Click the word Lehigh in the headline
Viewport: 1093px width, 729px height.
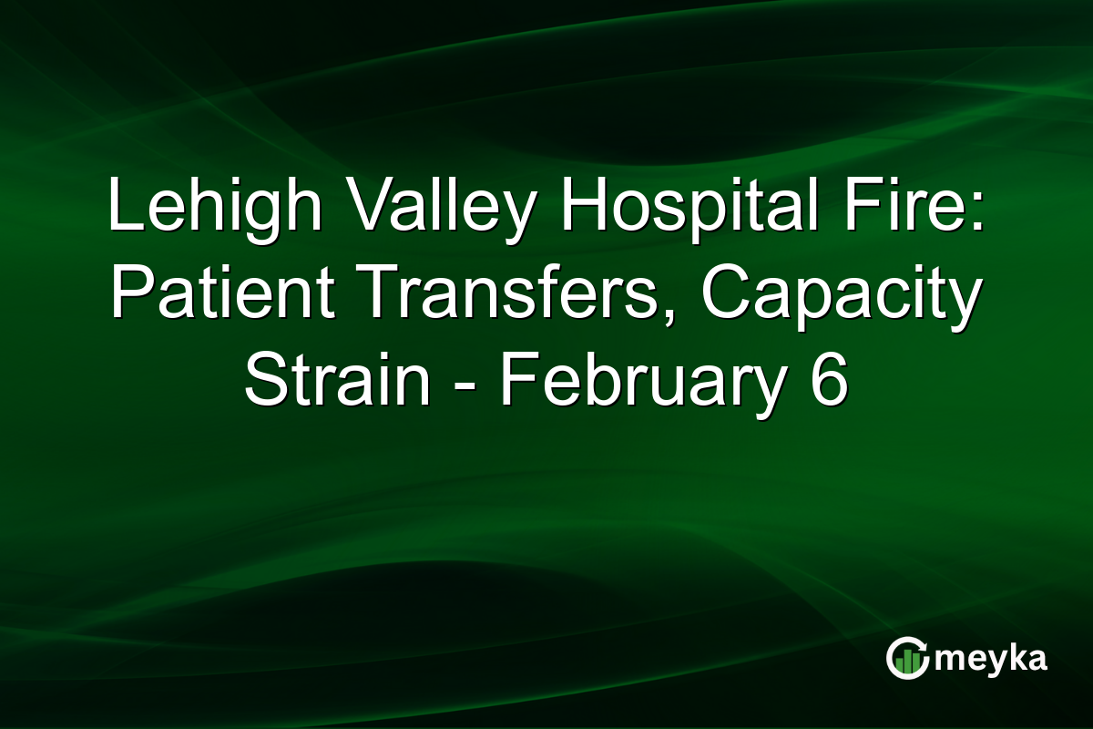pos(215,209)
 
